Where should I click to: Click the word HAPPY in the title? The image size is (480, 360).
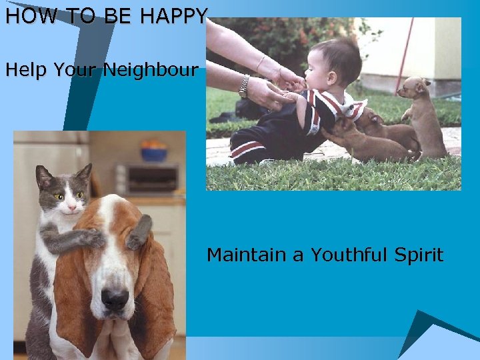point(173,16)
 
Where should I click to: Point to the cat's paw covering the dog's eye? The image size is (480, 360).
point(90,237)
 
